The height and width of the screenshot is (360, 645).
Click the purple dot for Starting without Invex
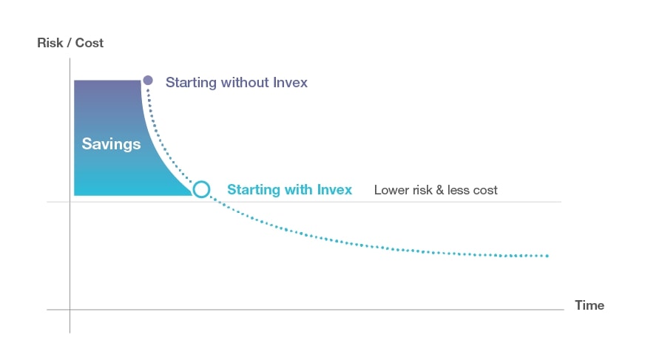pos(148,80)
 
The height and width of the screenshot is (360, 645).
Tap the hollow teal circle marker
pos(201,189)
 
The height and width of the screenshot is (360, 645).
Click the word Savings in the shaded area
pos(111,144)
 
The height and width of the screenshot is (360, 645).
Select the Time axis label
pos(590,305)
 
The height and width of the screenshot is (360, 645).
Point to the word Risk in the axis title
pos(50,43)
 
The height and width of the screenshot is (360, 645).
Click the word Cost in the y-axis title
pos(90,43)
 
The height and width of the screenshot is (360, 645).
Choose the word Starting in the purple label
pos(191,83)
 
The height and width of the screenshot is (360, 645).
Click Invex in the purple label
pos(291,82)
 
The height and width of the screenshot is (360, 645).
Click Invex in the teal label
pos(334,189)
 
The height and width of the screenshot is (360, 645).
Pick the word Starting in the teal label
pos(254,190)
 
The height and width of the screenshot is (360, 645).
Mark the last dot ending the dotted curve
pos(547,256)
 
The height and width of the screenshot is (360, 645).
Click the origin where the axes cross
pos(70,310)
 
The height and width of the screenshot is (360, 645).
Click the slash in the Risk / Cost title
pos(69,43)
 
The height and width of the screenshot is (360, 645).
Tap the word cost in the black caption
pos(485,190)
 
